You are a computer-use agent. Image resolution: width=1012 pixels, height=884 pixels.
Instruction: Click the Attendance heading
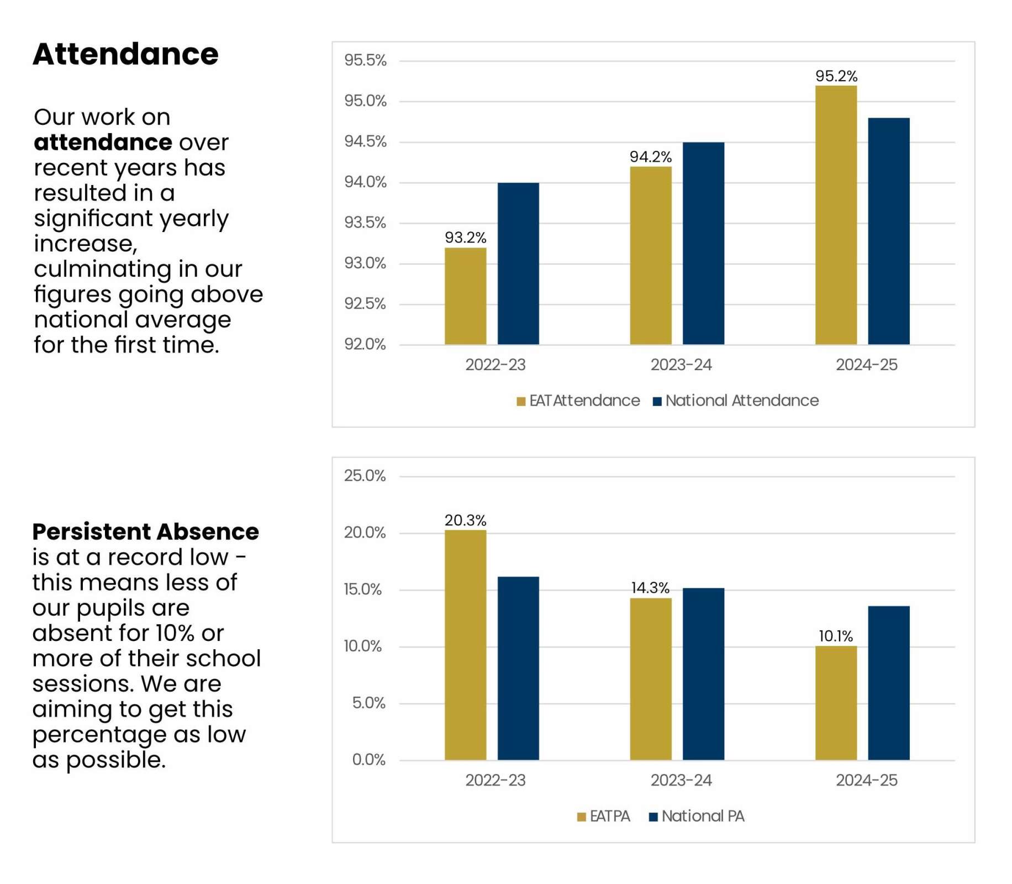pos(125,54)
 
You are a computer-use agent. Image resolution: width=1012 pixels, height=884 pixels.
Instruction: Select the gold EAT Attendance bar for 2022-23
pos(465,296)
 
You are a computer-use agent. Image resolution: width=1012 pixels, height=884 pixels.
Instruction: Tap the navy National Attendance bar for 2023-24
pos(703,243)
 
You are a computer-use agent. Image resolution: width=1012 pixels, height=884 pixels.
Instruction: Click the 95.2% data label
pos(836,76)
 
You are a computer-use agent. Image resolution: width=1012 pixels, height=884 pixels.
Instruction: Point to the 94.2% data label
pos(650,157)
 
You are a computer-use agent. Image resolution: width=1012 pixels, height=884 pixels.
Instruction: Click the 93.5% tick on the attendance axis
pos(365,223)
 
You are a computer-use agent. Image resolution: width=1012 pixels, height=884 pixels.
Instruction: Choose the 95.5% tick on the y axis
pos(365,60)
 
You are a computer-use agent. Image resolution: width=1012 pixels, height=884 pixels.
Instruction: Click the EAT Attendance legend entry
pos(578,401)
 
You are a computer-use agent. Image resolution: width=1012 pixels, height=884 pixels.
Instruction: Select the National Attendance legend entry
pos(736,401)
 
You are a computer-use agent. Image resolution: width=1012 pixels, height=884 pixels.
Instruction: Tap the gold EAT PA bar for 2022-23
pos(465,645)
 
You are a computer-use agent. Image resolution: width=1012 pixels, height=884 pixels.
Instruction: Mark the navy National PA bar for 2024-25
pos(888,683)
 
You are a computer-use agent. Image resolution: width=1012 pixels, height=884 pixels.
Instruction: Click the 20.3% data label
pos(465,520)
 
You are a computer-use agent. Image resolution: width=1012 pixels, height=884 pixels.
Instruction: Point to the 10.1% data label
pos(835,636)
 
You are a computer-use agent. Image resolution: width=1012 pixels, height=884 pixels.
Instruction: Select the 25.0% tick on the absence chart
pos(365,476)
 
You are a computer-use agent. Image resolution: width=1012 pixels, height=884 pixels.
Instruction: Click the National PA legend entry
pos(697,816)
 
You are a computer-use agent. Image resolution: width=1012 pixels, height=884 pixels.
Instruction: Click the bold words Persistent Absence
pos(145,532)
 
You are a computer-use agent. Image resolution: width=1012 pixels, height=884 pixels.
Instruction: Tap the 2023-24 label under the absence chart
pos(681,780)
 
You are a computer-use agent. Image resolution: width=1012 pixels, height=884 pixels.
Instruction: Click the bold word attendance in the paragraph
pos(103,143)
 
